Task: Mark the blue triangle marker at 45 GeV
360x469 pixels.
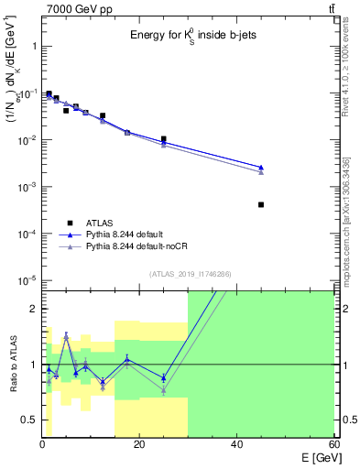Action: coord(261,168)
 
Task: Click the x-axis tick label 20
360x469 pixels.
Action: coord(139,444)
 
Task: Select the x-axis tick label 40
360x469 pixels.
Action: coord(236,444)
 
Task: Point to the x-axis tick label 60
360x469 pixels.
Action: coord(333,444)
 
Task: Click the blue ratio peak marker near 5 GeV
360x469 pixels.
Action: coord(66,336)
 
